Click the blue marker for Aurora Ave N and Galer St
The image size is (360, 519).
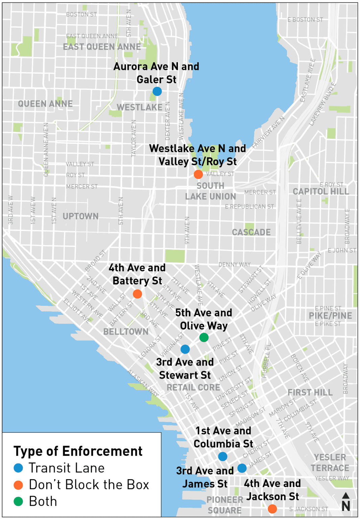(x=157, y=91)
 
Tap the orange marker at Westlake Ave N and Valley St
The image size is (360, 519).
(x=198, y=174)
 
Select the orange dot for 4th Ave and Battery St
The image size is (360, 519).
(x=137, y=294)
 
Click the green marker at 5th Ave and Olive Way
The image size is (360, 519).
(x=204, y=337)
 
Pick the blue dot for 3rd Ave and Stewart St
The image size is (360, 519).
(x=185, y=349)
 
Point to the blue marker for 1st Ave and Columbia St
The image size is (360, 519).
(x=222, y=456)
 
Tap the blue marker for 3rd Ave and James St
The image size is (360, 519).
(x=242, y=468)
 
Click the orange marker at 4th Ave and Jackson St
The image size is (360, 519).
(x=272, y=509)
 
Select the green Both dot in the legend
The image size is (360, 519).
(x=18, y=501)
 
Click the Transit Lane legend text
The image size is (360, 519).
(x=67, y=468)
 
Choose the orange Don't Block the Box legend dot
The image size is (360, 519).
(x=18, y=485)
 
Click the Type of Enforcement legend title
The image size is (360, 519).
(x=78, y=451)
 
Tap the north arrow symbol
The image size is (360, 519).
(x=345, y=502)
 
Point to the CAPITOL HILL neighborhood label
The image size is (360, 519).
(x=320, y=192)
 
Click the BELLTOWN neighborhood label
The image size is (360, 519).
(x=126, y=331)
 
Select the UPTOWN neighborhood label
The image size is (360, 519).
(x=80, y=216)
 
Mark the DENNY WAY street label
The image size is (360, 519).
(x=234, y=264)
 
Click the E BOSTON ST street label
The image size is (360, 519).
(x=305, y=20)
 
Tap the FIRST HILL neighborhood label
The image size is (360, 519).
(x=310, y=392)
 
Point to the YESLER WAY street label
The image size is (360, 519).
(x=332, y=478)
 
